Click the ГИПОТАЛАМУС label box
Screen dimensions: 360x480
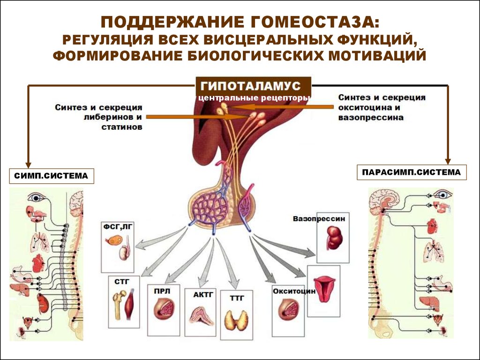click(253, 86)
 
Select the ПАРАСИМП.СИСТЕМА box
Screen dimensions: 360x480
click(412, 172)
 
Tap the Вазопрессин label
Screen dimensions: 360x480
click(318, 218)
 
